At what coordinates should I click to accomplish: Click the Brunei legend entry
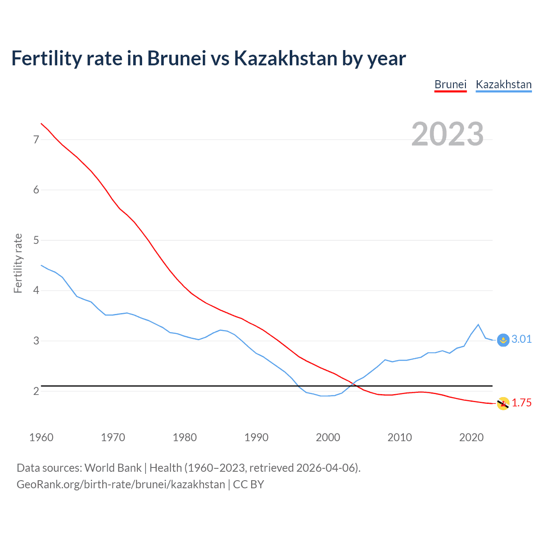[451, 84]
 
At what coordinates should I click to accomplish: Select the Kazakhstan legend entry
[504, 84]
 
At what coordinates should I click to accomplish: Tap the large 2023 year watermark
[448, 134]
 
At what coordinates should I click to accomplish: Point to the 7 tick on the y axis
[36, 140]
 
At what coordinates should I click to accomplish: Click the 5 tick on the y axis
[36, 241]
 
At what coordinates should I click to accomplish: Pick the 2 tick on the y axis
[36, 391]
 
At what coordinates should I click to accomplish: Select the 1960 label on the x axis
[41, 437]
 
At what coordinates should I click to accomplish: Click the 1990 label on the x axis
[256, 437]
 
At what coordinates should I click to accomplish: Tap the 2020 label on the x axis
[471, 437]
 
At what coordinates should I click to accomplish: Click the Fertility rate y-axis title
[18, 263]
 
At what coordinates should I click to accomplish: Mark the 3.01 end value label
[521, 339]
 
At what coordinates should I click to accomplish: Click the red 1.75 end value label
[521, 403]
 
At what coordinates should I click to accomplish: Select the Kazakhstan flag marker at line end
[503, 340]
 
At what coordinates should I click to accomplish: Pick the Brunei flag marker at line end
[503, 404]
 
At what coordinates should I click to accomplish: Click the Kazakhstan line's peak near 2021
[479, 325]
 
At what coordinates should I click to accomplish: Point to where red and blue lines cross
[353, 384]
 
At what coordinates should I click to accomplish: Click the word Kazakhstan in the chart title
[285, 58]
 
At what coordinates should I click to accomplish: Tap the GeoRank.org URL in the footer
[121, 484]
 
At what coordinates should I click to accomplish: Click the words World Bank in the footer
[113, 468]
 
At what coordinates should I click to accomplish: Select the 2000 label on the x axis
[328, 437]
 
